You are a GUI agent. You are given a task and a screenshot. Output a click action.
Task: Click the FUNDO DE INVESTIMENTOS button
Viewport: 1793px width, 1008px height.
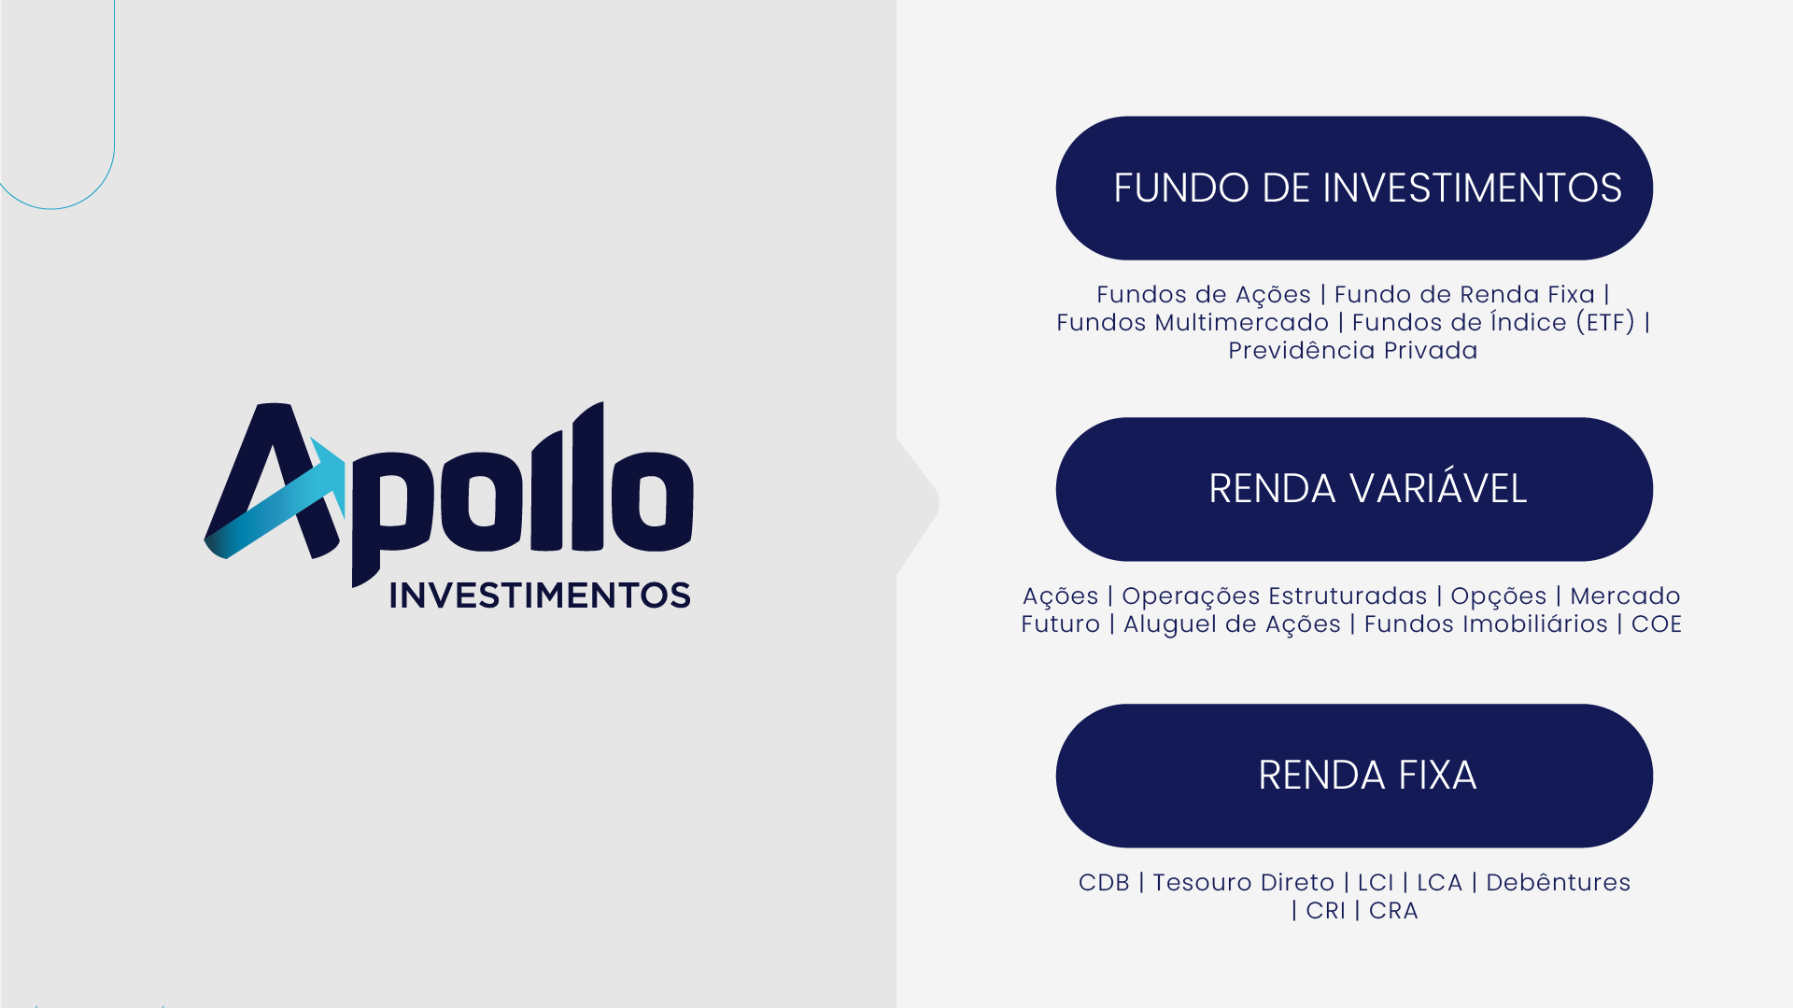(1354, 188)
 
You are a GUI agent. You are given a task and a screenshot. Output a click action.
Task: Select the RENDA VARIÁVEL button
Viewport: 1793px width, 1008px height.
(1354, 489)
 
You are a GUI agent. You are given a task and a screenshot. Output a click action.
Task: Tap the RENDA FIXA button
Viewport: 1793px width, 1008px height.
(1354, 776)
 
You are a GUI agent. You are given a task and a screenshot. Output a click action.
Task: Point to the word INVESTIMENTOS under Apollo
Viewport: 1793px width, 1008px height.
(540, 595)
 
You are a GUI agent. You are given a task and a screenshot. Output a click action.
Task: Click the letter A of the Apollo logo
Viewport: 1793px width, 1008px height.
(273, 481)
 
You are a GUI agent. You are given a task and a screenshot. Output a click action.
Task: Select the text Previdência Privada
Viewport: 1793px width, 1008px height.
(1353, 351)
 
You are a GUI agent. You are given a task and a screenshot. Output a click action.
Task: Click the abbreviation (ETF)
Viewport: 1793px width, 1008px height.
(1605, 323)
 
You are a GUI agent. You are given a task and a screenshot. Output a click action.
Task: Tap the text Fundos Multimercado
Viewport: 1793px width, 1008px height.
(1193, 323)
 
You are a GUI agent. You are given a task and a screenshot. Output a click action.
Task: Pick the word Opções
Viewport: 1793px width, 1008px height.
(1499, 597)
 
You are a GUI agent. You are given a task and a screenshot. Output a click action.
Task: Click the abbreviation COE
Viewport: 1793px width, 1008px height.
(1657, 624)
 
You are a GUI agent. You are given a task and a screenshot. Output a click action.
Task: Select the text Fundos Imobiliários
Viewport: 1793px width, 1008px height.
(1486, 624)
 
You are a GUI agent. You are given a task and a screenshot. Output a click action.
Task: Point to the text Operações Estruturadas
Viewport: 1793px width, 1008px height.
(1275, 597)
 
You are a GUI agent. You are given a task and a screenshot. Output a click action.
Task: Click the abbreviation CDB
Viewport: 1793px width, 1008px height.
(1104, 883)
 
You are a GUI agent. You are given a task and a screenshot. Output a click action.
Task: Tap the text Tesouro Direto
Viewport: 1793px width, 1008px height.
(1244, 883)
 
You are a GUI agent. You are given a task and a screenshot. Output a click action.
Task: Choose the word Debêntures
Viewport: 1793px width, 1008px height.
(1559, 883)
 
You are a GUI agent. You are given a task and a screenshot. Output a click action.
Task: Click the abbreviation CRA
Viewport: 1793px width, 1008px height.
(1393, 911)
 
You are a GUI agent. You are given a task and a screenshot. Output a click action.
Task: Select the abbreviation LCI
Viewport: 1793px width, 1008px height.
(1376, 883)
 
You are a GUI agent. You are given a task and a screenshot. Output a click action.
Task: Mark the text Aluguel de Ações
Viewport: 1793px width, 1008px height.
(1232, 624)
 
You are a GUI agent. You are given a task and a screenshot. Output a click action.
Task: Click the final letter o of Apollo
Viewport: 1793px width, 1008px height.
(652, 501)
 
